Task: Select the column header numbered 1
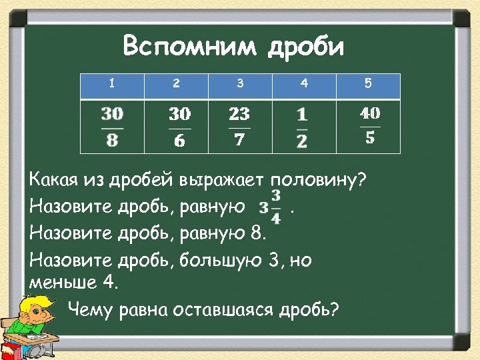tap(112, 84)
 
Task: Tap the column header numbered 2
tap(176, 84)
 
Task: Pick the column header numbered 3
tap(240, 84)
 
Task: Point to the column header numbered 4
tap(304, 84)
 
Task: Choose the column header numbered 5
tap(368, 84)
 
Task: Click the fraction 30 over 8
tap(112, 126)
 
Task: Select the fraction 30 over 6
tap(179, 127)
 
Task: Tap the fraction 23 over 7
tap(239, 127)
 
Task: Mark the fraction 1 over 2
tap(302, 127)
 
